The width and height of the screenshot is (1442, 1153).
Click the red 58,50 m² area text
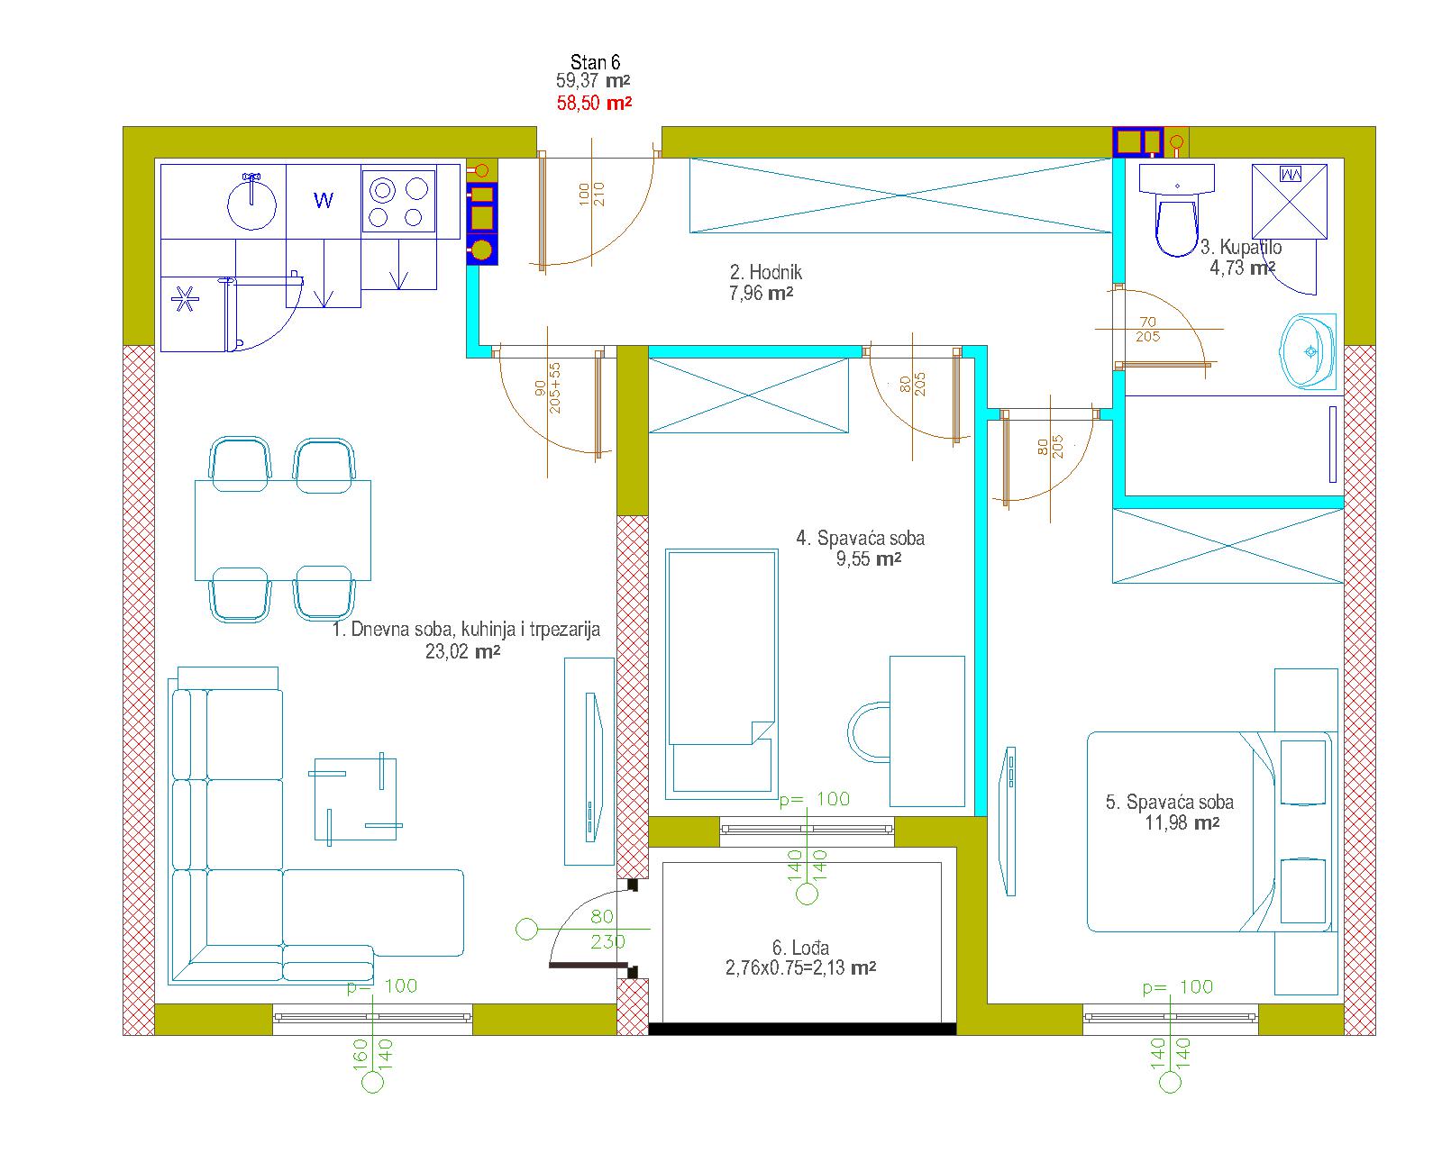(594, 104)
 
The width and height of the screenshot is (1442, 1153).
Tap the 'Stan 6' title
(595, 62)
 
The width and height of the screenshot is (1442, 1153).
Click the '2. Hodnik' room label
(766, 272)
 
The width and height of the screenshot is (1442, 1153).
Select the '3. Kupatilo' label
(1240, 247)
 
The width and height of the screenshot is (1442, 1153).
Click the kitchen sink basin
(251, 203)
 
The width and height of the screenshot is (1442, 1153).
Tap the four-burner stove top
(398, 200)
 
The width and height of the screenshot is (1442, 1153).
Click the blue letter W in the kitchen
(324, 200)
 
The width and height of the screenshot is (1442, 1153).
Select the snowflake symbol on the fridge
(185, 299)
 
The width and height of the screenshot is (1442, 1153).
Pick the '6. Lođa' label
(800, 948)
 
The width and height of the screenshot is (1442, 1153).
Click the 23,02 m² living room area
(463, 651)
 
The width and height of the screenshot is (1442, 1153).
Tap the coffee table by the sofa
(355, 799)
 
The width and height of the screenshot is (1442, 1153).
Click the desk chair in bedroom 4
(869, 731)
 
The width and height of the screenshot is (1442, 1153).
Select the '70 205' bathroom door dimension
(1148, 330)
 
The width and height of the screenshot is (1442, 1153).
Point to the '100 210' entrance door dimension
(591, 195)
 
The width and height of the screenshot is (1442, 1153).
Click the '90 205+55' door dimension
(548, 388)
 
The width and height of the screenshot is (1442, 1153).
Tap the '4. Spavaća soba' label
(861, 538)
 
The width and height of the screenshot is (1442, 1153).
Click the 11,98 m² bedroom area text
(1182, 822)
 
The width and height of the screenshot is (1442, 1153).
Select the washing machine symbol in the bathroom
(1290, 202)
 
